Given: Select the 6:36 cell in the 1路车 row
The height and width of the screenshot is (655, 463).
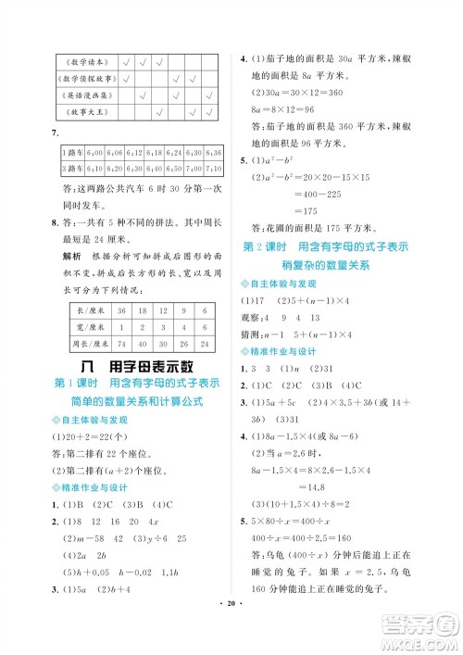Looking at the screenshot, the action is pyautogui.click(x=213, y=152).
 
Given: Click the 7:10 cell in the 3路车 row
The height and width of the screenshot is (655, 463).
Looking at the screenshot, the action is pyautogui.click(x=213, y=170).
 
